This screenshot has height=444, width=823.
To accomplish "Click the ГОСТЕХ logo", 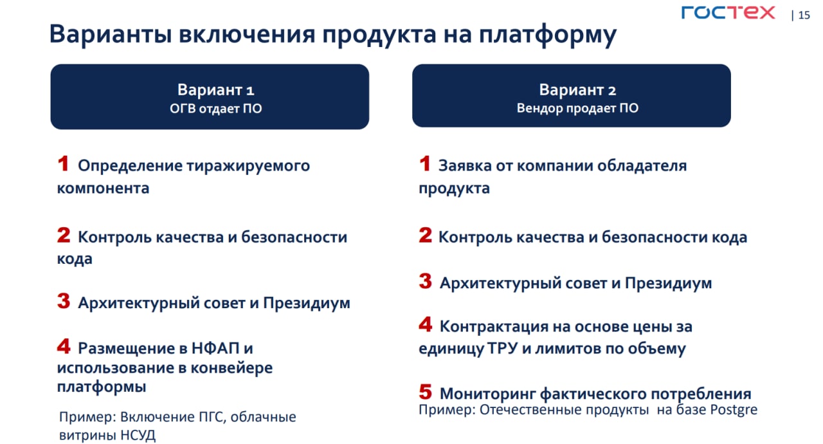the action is click(728, 12).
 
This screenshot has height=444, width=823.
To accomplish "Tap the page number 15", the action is click(804, 15).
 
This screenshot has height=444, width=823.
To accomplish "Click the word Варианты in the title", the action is click(110, 34).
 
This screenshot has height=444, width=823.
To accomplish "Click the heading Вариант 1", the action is click(215, 89).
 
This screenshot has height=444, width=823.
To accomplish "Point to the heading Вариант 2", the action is click(577, 89).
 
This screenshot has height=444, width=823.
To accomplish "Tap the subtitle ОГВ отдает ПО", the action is click(215, 109).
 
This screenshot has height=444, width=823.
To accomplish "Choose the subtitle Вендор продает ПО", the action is click(577, 108).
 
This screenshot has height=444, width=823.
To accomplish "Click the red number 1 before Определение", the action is click(63, 163).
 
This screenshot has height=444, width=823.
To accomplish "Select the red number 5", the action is click(425, 391).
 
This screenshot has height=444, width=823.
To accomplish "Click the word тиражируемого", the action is click(248, 166).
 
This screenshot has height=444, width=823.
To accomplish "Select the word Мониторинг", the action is click(488, 394).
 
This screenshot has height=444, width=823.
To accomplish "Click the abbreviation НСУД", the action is click(138, 435).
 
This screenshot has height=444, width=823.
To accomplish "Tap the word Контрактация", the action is click(494, 326).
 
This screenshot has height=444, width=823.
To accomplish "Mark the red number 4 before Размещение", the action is click(64, 346).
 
